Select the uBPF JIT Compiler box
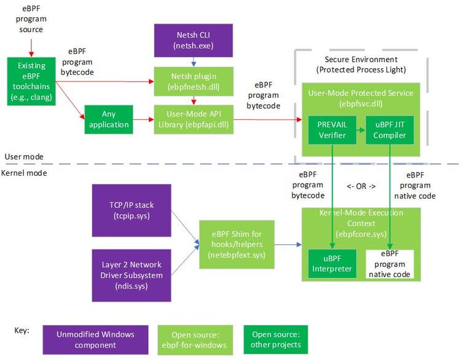pyautogui.click(x=389, y=130)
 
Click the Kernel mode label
pyautogui.click(x=25, y=173)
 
